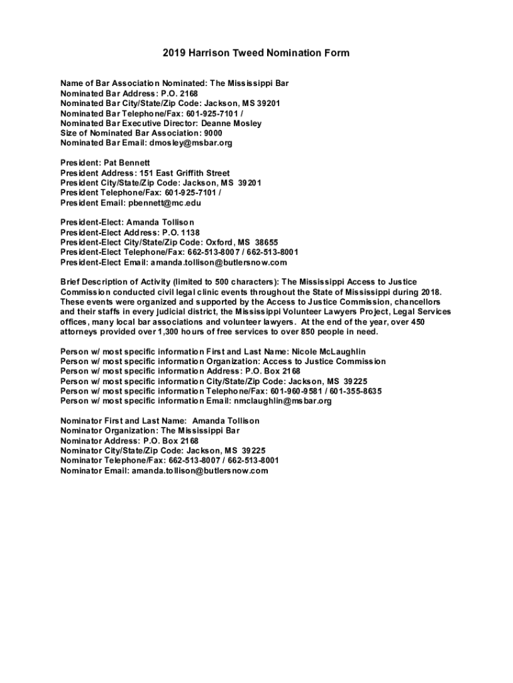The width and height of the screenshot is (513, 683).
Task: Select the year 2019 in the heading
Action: [175, 53]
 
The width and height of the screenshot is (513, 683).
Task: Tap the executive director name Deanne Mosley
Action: [232, 123]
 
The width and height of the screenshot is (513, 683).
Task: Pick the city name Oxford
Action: [219, 242]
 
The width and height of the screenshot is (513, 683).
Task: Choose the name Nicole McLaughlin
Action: [329, 352]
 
